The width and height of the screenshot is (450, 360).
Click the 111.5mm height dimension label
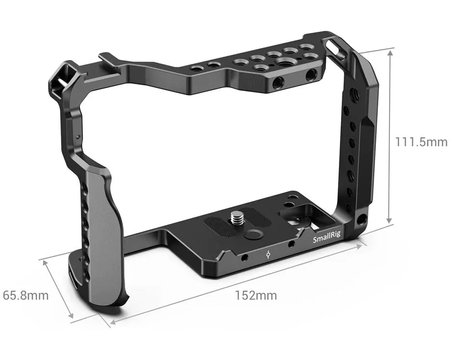[421, 142]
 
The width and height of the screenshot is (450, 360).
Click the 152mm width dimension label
[256, 296]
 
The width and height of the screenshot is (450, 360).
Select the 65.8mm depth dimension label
[26, 296]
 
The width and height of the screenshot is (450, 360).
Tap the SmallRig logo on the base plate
[326, 237]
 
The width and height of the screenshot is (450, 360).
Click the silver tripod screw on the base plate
[237, 218]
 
